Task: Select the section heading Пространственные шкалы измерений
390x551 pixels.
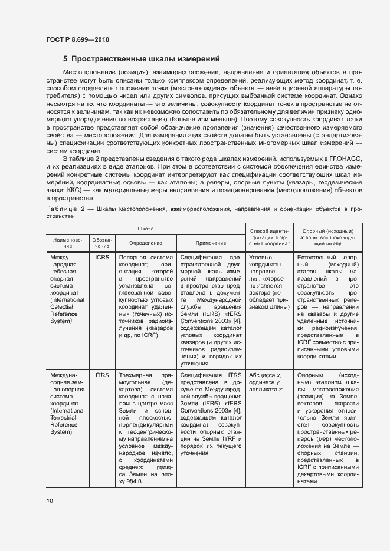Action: coord(141,59)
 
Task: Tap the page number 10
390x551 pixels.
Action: coord(50,501)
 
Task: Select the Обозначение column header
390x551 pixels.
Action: coord(100,242)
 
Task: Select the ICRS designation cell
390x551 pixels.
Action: coord(101,258)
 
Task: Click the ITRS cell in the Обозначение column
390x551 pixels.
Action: coord(101,374)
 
